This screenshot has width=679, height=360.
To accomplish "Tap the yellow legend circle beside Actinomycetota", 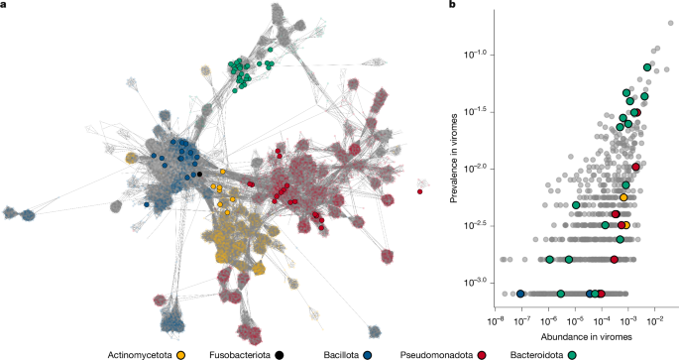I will (x=181, y=352).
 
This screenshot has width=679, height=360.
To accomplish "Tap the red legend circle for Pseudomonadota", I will (x=481, y=352).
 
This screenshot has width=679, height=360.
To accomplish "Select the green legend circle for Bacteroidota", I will (x=578, y=352).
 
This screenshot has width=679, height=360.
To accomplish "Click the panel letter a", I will (x=5, y=6).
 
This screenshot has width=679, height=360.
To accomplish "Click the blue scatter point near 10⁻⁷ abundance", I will (x=520, y=294).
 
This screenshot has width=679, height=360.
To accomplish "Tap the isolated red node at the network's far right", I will (x=420, y=191).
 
